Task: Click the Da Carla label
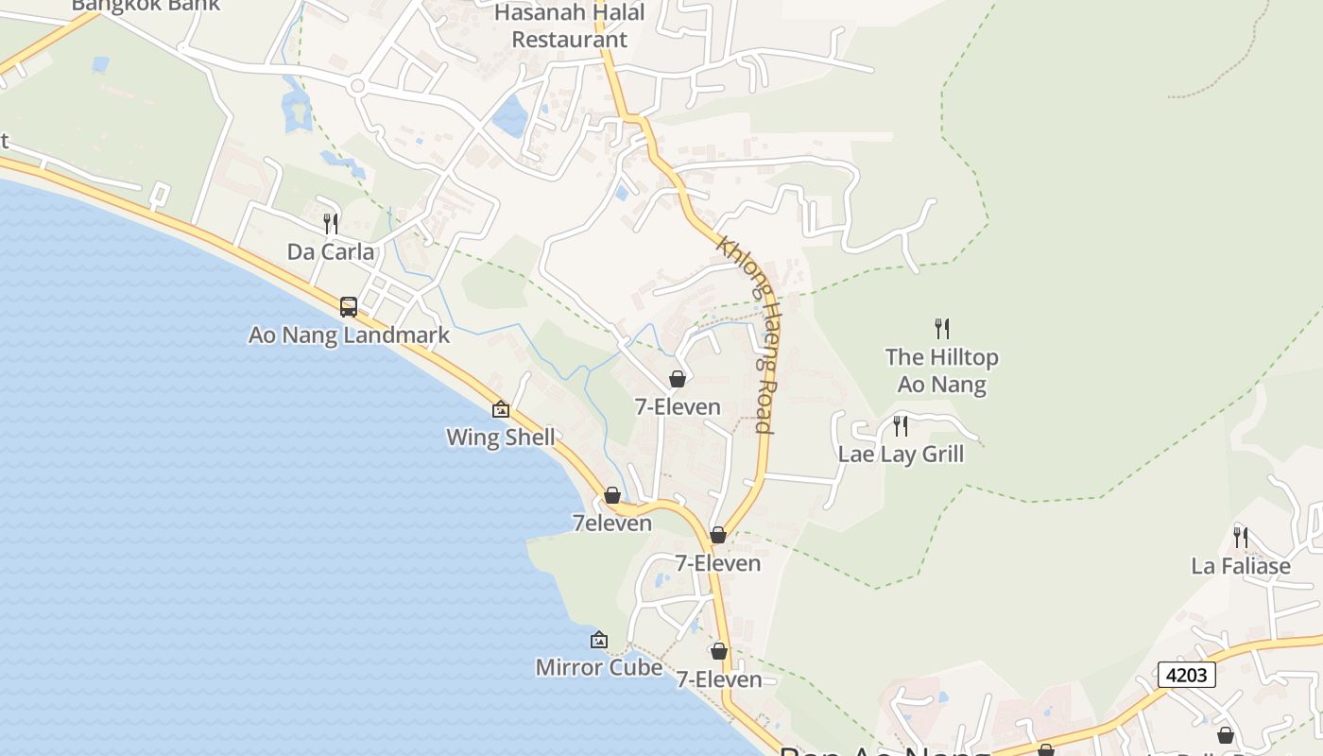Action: coord(331,252)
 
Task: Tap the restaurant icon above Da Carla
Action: coord(331,224)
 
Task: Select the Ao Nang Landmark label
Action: coord(349,335)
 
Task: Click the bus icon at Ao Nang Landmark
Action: coord(349,306)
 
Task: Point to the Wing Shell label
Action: coord(500,438)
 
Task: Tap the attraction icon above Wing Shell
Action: coord(501,409)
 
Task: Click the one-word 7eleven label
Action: coord(612,524)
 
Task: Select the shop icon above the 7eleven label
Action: coord(612,495)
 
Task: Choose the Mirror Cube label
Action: coord(599,667)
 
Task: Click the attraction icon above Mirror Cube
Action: coord(598,640)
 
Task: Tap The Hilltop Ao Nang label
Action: coord(941,370)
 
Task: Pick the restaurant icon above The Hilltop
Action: coord(941,329)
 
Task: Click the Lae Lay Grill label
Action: coord(901,455)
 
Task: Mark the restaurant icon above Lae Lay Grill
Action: coord(901,426)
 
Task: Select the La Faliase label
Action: coord(1240,566)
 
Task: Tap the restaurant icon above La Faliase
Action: coord(1240,538)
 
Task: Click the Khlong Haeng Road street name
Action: coord(747,335)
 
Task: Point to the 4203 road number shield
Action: coord(1186,675)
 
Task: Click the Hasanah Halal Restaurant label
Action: coord(569,26)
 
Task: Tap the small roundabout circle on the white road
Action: coord(357,86)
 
